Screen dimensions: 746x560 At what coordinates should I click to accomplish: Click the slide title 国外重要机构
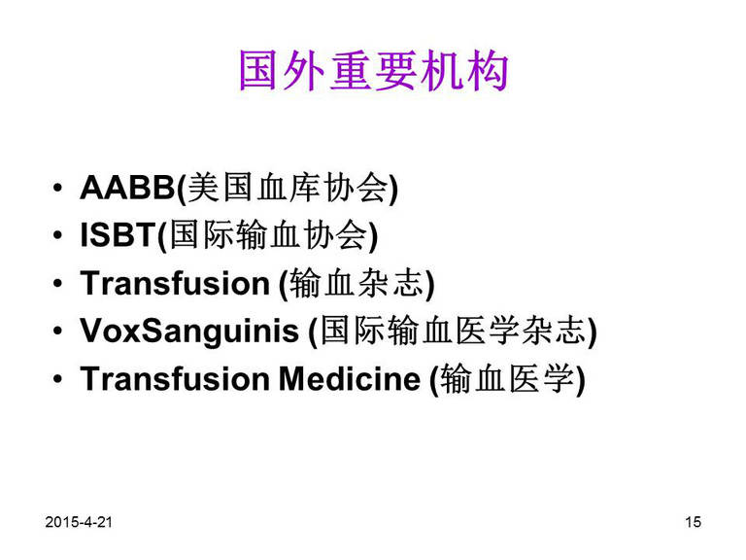click(373, 71)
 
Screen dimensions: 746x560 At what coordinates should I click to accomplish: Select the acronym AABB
click(128, 188)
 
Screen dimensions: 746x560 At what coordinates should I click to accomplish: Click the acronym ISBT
click(119, 234)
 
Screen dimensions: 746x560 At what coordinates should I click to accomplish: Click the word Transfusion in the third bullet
click(175, 283)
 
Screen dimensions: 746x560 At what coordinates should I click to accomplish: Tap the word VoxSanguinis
click(189, 332)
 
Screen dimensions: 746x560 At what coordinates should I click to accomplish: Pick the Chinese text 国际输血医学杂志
click(453, 331)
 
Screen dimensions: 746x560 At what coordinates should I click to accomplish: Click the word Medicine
click(350, 379)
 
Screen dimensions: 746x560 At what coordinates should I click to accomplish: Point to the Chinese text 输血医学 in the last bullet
click(507, 378)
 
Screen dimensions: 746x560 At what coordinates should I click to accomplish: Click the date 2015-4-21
click(79, 522)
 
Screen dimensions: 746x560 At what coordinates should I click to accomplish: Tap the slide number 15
click(694, 522)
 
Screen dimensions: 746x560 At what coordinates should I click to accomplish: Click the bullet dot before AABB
click(57, 188)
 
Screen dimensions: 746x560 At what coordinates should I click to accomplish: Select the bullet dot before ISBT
click(57, 235)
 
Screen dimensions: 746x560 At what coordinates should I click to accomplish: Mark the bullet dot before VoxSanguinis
click(57, 331)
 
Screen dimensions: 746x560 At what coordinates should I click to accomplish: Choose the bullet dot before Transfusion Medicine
click(57, 379)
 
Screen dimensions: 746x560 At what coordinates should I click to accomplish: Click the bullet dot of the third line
click(57, 283)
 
